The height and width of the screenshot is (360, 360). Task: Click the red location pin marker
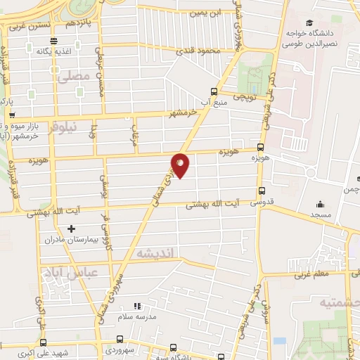point(180,165)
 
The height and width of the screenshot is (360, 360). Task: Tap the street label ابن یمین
point(204,13)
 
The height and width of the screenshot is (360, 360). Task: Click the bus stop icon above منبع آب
point(215,91)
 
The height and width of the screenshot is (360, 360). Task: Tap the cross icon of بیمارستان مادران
point(70,229)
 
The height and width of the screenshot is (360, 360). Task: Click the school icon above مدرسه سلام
point(138,306)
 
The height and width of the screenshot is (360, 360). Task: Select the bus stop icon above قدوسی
point(262,191)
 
